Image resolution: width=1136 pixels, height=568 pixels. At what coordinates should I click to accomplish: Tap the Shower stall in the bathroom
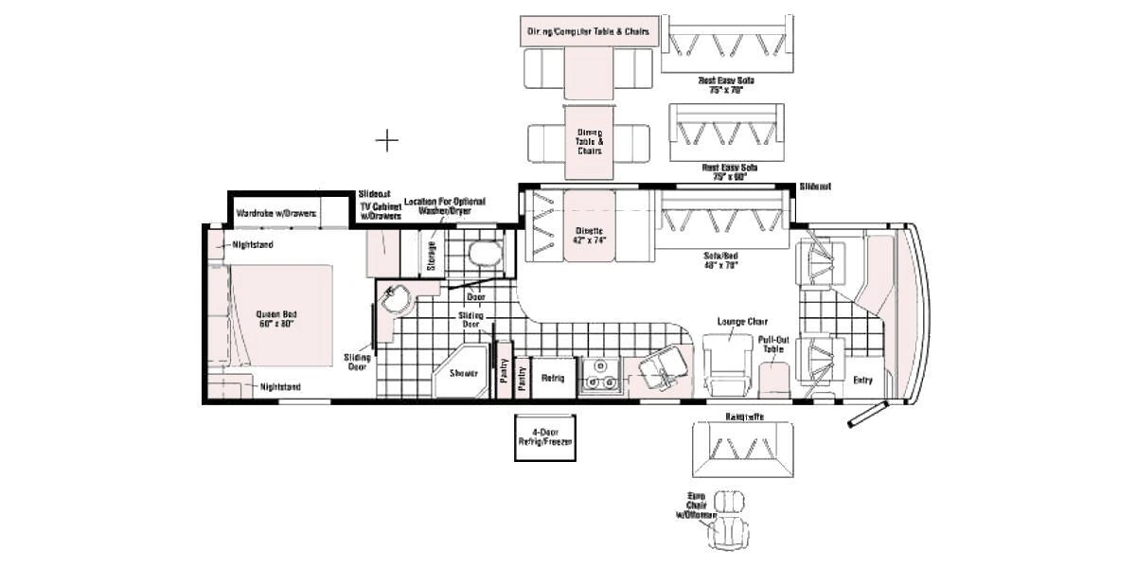click(x=462, y=373)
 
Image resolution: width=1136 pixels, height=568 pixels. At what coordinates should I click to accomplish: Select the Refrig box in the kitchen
click(x=552, y=379)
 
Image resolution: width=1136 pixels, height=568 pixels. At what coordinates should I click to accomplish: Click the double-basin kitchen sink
click(x=599, y=376)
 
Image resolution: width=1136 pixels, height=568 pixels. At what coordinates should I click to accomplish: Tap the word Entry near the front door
click(x=862, y=381)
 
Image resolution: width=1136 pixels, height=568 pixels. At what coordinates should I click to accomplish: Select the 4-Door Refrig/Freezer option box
click(x=544, y=436)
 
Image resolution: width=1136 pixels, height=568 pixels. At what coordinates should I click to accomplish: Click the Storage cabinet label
click(x=432, y=256)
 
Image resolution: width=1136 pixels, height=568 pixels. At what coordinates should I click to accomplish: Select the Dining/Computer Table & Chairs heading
click(x=588, y=31)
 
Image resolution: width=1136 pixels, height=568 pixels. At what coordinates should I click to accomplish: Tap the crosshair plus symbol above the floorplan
click(x=386, y=141)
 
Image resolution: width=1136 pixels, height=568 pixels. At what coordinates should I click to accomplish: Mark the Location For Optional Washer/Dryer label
click(x=444, y=206)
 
